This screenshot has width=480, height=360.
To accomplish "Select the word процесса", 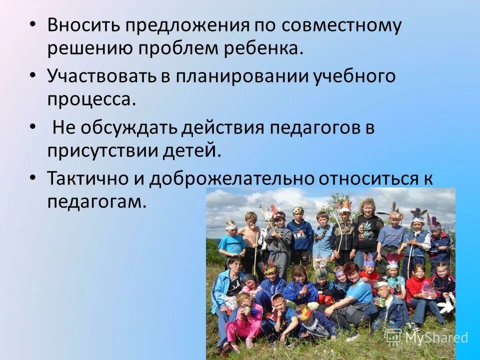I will tap(91, 99).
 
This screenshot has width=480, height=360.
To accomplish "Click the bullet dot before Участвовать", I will tap(33, 75).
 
